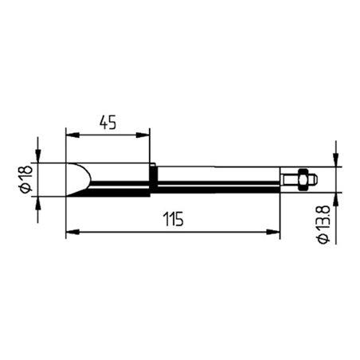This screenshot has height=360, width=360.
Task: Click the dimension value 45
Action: pyautogui.click(x=108, y=122)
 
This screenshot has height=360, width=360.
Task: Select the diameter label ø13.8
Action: pyautogui.click(x=323, y=226)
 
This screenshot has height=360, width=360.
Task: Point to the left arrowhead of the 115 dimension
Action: pyautogui.click(x=71, y=233)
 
